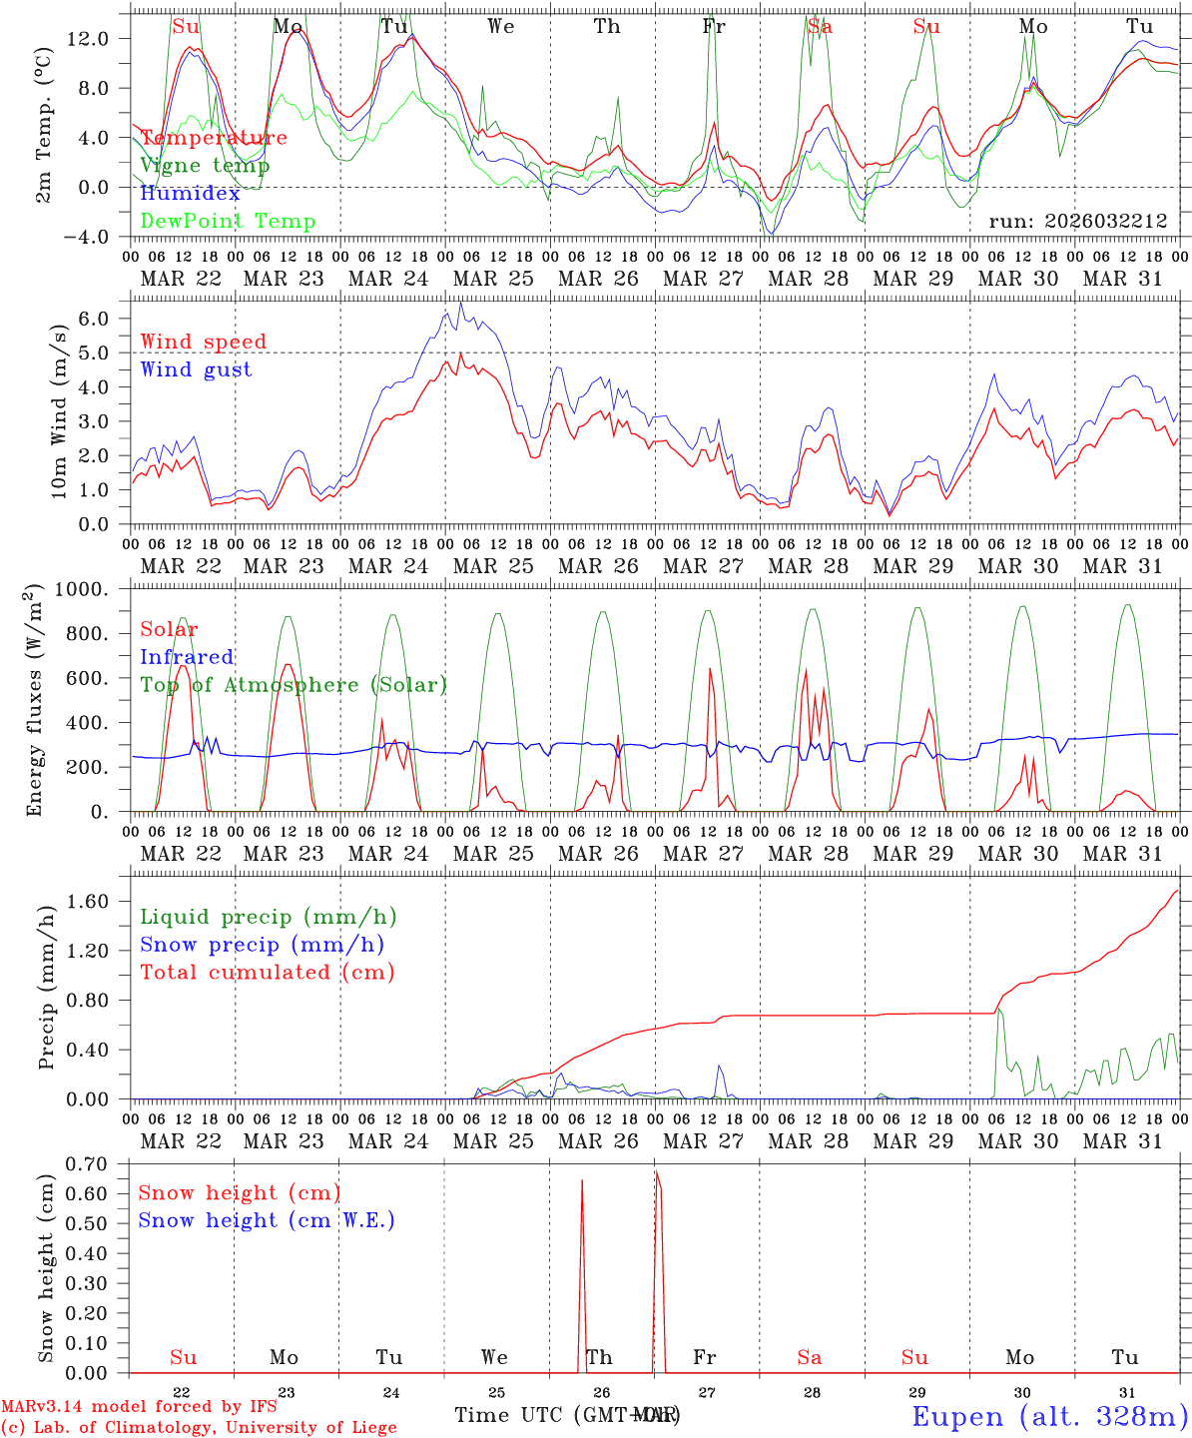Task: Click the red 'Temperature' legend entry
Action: pos(214,138)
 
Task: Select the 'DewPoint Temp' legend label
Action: pos(228,222)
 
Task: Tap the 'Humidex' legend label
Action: pos(190,194)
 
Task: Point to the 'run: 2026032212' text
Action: pos(1077,222)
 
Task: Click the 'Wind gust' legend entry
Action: pos(196,369)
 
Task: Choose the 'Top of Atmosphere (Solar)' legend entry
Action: pos(293,685)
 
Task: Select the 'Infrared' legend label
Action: pos(187,657)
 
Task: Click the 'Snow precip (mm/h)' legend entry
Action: pos(262,945)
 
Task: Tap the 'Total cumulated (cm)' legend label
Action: pos(267,973)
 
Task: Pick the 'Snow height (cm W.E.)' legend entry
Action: pos(266,1220)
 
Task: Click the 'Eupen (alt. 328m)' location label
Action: pos(1048,1416)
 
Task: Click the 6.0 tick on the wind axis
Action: pos(106,319)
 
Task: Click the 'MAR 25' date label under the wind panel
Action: pos(493,566)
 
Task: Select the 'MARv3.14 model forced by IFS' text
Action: pos(139,1407)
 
